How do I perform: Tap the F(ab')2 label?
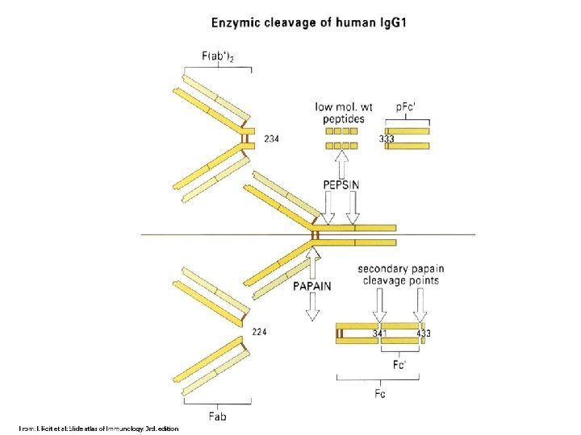tap(219, 56)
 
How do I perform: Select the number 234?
tap(272, 139)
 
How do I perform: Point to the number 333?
tap(387, 139)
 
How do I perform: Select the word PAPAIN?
tap(311, 285)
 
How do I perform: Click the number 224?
tap(260, 331)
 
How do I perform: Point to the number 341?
tap(380, 333)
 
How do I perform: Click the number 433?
tap(423, 333)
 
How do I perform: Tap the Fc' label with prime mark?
tap(399, 364)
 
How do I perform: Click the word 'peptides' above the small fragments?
tap(341, 118)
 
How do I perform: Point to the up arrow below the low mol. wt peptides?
tap(341, 164)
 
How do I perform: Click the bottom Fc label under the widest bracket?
tap(380, 395)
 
